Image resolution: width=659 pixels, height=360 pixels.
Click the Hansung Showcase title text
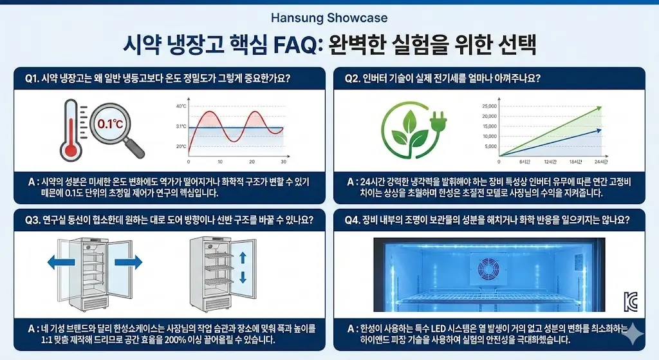(x=329, y=18)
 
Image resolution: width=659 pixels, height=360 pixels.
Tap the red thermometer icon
(x=71, y=129)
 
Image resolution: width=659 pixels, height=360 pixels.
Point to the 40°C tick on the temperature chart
(x=181, y=106)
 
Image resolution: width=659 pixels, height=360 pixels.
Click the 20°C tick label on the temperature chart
(x=181, y=147)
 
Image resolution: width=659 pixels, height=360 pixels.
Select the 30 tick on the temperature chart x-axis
(x=283, y=162)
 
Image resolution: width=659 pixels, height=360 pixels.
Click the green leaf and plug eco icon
(x=413, y=128)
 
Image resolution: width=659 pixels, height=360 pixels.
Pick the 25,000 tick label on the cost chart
(x=489, y=106)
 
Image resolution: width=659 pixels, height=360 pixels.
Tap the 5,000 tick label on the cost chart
(x=490, y=146)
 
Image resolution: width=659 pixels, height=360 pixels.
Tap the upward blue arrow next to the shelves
(x=243, y=258)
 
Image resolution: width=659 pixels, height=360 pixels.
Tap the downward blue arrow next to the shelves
(x=243, y=278)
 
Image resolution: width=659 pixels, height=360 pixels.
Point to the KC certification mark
(x=631, y=301)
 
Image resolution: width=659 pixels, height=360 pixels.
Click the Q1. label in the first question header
(x=32, y=79)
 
